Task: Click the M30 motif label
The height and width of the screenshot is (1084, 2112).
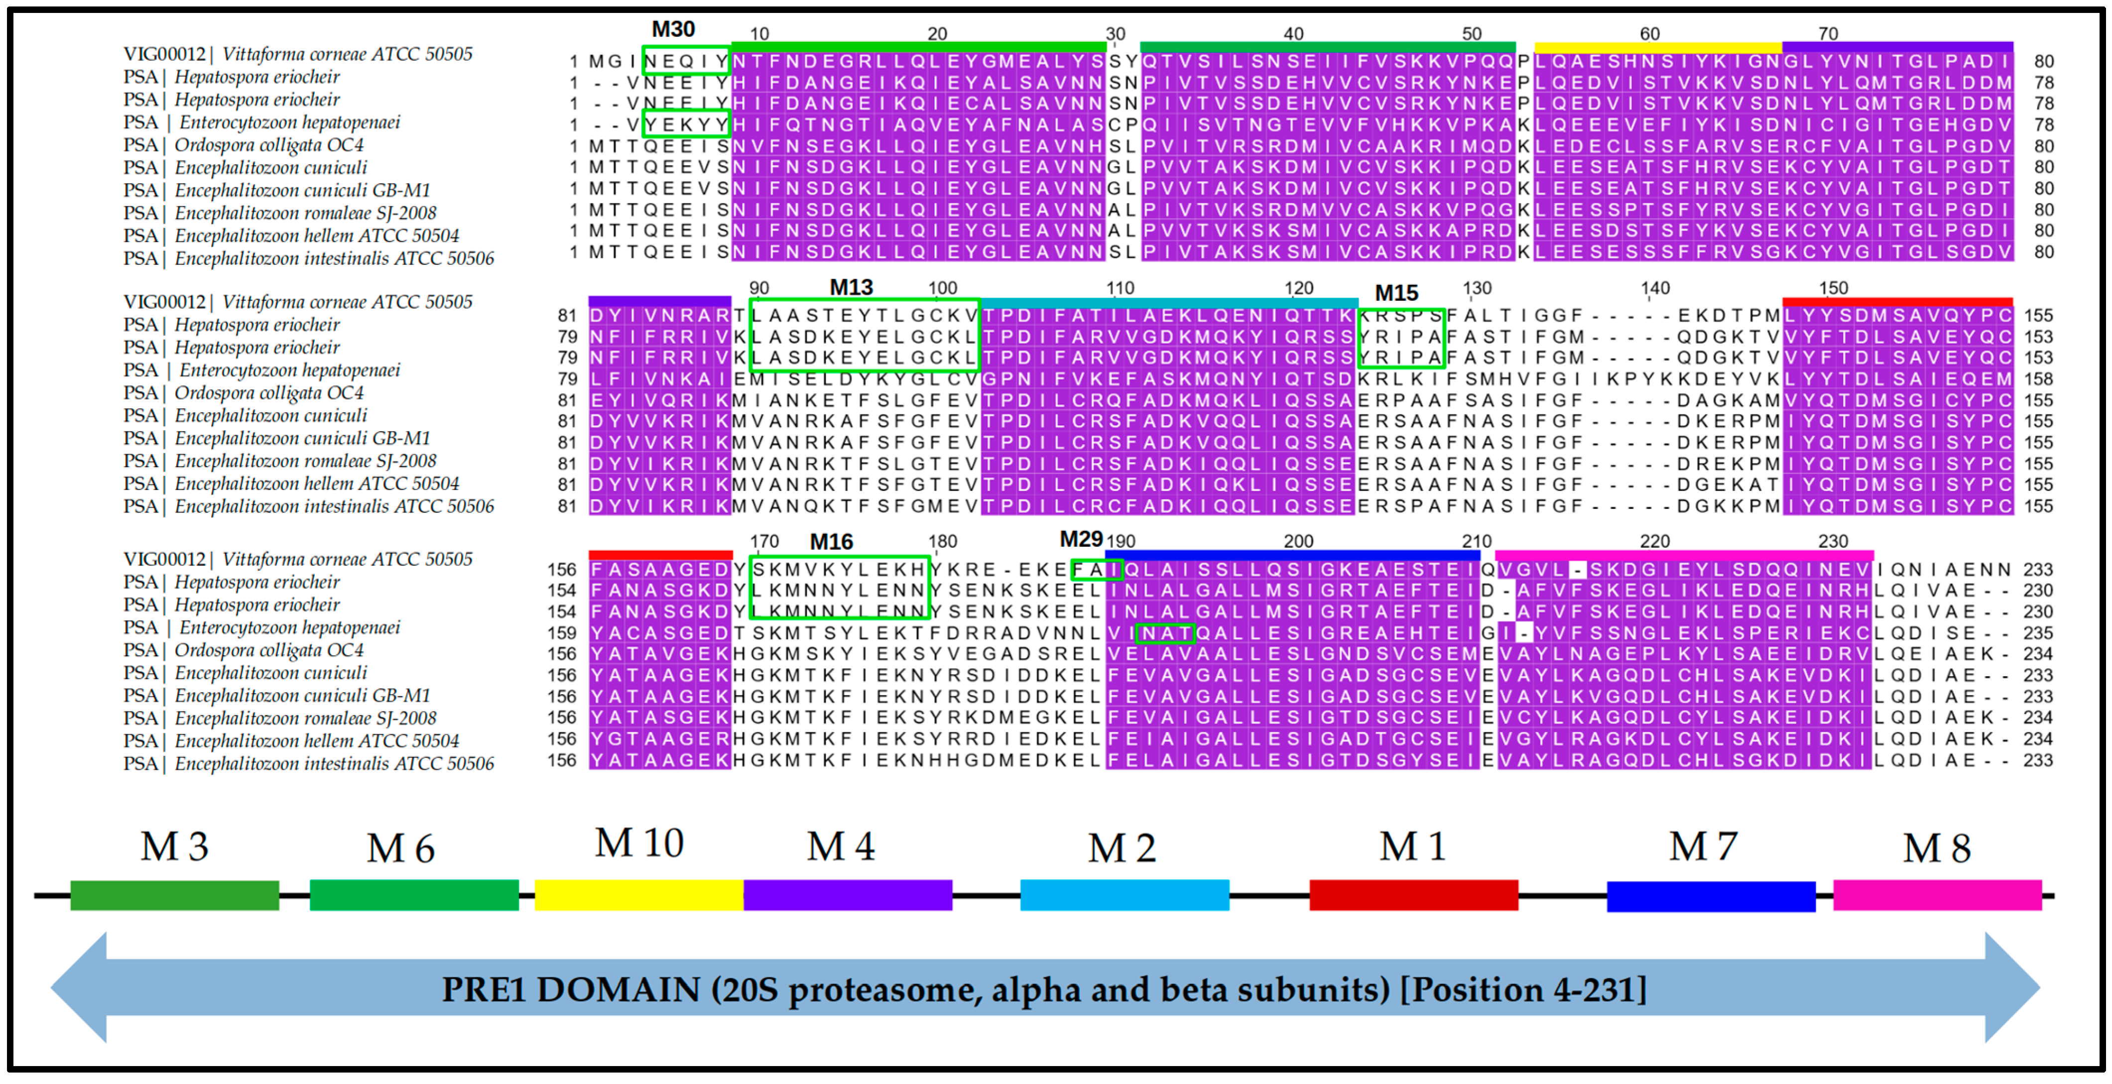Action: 673,29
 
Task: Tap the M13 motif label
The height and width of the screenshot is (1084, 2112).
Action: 851,287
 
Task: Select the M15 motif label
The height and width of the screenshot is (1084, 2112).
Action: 1396,293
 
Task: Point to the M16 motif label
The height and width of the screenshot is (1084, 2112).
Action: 831,541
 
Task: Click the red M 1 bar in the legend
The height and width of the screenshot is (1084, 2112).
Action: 1413,895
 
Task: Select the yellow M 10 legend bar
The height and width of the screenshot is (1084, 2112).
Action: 639,895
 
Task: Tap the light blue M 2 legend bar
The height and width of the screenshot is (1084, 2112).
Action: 1124,895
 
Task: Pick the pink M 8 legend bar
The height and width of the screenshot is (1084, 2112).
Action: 1937,895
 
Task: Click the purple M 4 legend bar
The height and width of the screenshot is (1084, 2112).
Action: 848,895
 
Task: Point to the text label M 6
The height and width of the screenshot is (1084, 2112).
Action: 400,848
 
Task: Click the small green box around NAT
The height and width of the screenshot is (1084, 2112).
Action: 1165,633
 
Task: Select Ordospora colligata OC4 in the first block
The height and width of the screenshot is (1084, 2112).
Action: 268,145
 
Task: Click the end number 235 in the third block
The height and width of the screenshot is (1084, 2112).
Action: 2037,633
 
